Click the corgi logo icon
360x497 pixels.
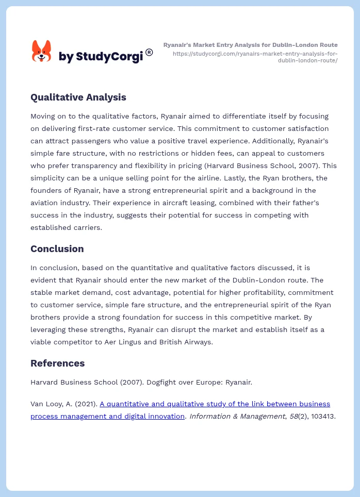pyautogui.click(x=41, y=52)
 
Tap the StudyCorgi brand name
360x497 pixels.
pyautogui.click(x=101, y=57)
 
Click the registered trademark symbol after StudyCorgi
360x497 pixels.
pyautogui.click(x=149, y=52)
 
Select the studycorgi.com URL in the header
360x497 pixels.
pyautogui.click(x=255, y=57)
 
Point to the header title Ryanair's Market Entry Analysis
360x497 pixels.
pyautogui.click(x=250, y=45)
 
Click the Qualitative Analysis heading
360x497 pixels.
pyautogui.click(x=78, y=97)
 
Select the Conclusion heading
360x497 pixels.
pyautogui.click(x=57, y=248)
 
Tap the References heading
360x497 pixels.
pyautogui.click(x=57, y=363)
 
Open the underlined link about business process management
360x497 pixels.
pyautogui.click(x=181, y=410)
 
